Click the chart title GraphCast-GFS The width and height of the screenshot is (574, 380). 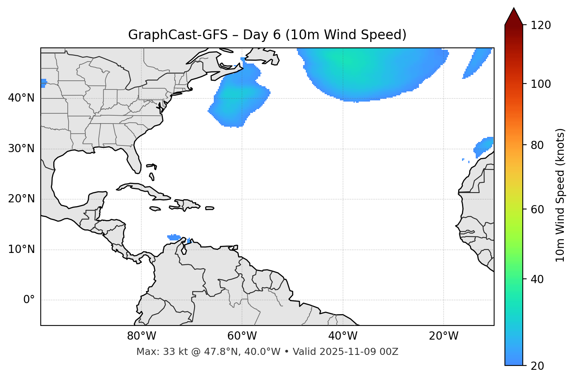coord(178,35)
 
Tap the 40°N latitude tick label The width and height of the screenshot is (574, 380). coord(21,98)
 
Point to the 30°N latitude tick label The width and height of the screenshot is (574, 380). coord(21,149)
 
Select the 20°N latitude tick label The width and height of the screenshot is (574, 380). coord(21,199)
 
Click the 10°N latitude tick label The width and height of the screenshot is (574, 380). coord(21,249)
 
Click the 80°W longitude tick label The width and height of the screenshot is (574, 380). coord(141,336)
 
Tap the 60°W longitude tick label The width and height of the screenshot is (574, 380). coord(242,336)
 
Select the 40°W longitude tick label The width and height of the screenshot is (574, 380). coord(343,336)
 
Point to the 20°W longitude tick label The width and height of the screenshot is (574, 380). coord(443,336)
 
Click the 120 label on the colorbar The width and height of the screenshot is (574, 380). coord(540,25)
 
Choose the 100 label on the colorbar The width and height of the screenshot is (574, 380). coord(540,84)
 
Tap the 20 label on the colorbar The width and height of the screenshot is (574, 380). coord(538,366)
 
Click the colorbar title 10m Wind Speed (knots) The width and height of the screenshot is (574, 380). coord(560,195)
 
